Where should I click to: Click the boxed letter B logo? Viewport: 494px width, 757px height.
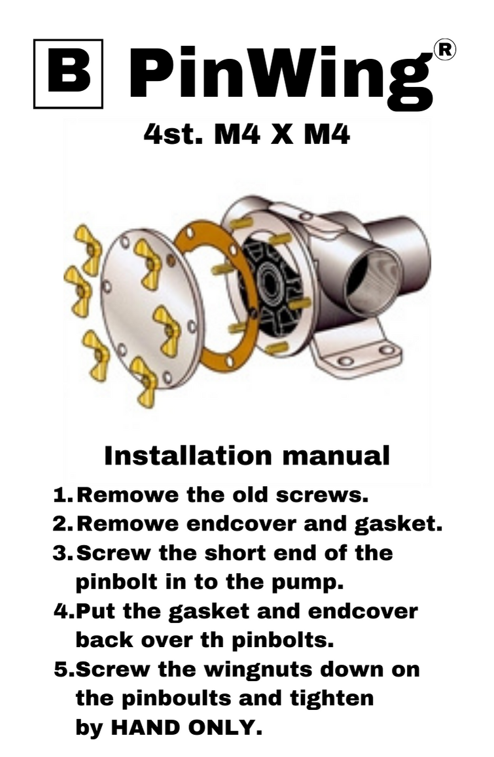point(68,73)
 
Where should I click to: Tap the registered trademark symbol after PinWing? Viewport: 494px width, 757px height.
point(445,50)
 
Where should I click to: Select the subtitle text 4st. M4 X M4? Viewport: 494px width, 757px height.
point(247,135)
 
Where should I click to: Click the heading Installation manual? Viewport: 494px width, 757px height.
point(247,456)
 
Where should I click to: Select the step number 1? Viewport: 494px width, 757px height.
point(63,495)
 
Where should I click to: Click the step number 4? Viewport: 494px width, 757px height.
point(63,611)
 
